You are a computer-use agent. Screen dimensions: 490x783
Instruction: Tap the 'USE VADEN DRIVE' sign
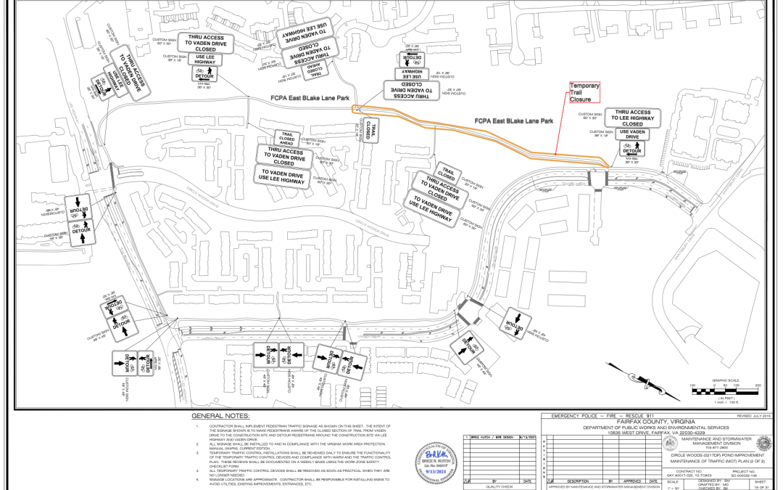pos(632,134)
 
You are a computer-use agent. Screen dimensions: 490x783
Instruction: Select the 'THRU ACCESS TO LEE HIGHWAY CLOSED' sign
pos(632,118)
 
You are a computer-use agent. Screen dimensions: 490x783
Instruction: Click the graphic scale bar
pos(724,392)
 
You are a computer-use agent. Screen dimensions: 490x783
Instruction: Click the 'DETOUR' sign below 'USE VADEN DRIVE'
pos(632,150)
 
